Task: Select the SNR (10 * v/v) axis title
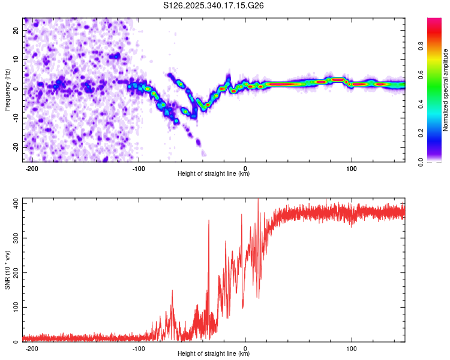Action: click(8, 269)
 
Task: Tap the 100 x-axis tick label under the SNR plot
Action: click(352, 348)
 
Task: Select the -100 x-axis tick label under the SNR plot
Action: click(139, 348)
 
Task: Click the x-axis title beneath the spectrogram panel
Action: click(214, 174)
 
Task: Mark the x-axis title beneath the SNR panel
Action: click(214, 354)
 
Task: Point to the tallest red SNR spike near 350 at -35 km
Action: click(209, 221)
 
